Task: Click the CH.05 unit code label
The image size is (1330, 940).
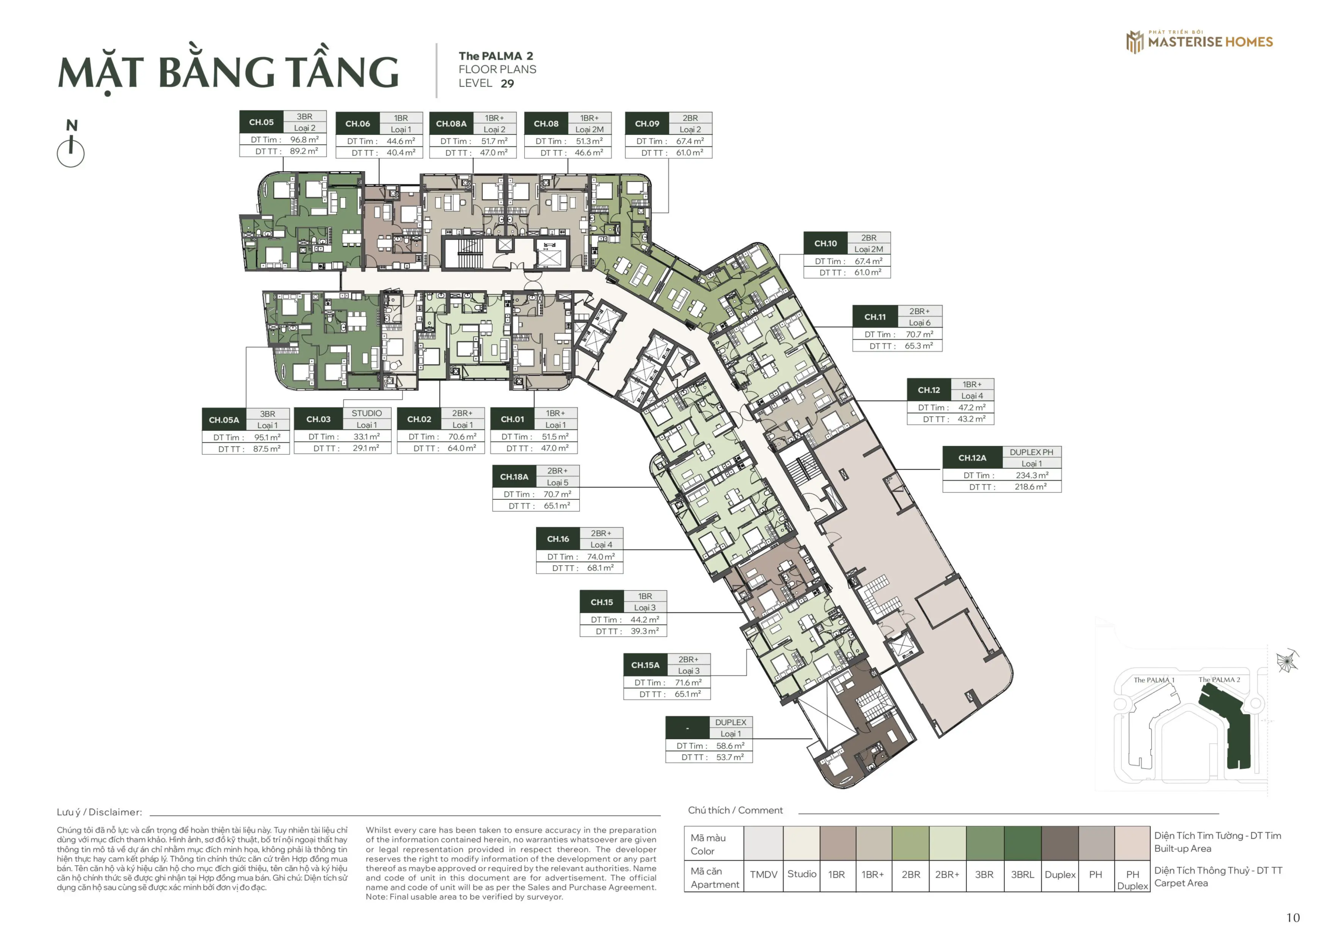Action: point(261,122)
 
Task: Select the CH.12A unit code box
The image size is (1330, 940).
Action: point(972,457)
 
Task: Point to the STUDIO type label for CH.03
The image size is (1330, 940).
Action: point(367,413)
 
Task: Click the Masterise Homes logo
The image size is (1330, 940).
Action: point(1199,41)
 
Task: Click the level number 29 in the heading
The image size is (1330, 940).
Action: point(508,84)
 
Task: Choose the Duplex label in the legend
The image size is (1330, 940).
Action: point(1060,874)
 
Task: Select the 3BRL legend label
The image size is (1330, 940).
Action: point(1022,874)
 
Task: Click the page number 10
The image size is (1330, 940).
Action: point(1293,918)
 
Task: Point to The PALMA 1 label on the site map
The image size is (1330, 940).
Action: point(1154,679)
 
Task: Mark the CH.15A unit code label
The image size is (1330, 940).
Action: point(645,665)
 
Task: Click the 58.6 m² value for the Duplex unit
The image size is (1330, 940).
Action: point(730,745)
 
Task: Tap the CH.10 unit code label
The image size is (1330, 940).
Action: point(826,243)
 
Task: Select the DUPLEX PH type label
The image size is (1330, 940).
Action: point(1032,452)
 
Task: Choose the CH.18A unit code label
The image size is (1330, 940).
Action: point(514,477)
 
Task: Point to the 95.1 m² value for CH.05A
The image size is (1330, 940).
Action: point(267,437)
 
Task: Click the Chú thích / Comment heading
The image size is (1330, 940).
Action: point(735,810)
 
